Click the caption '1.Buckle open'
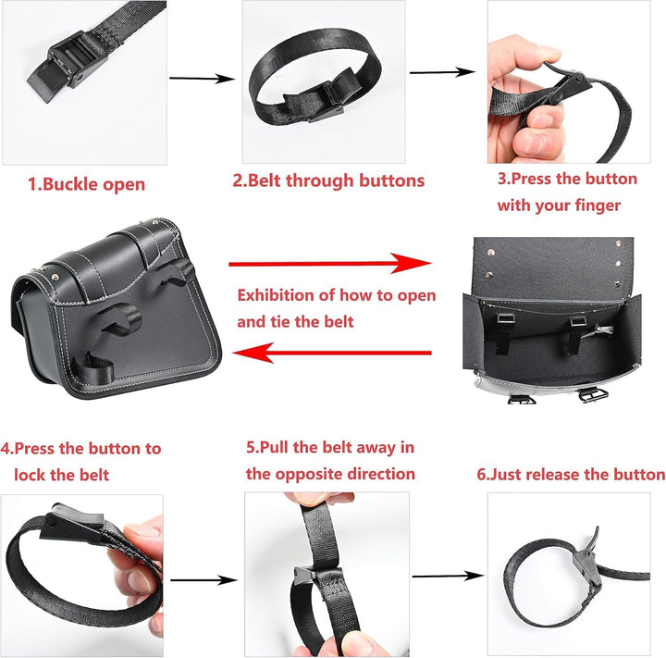coord(86,184)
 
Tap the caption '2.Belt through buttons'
coord(328,180)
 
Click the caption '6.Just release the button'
coord(571,474)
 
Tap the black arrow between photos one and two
coord(202,79)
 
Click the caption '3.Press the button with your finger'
coord(566,192)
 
